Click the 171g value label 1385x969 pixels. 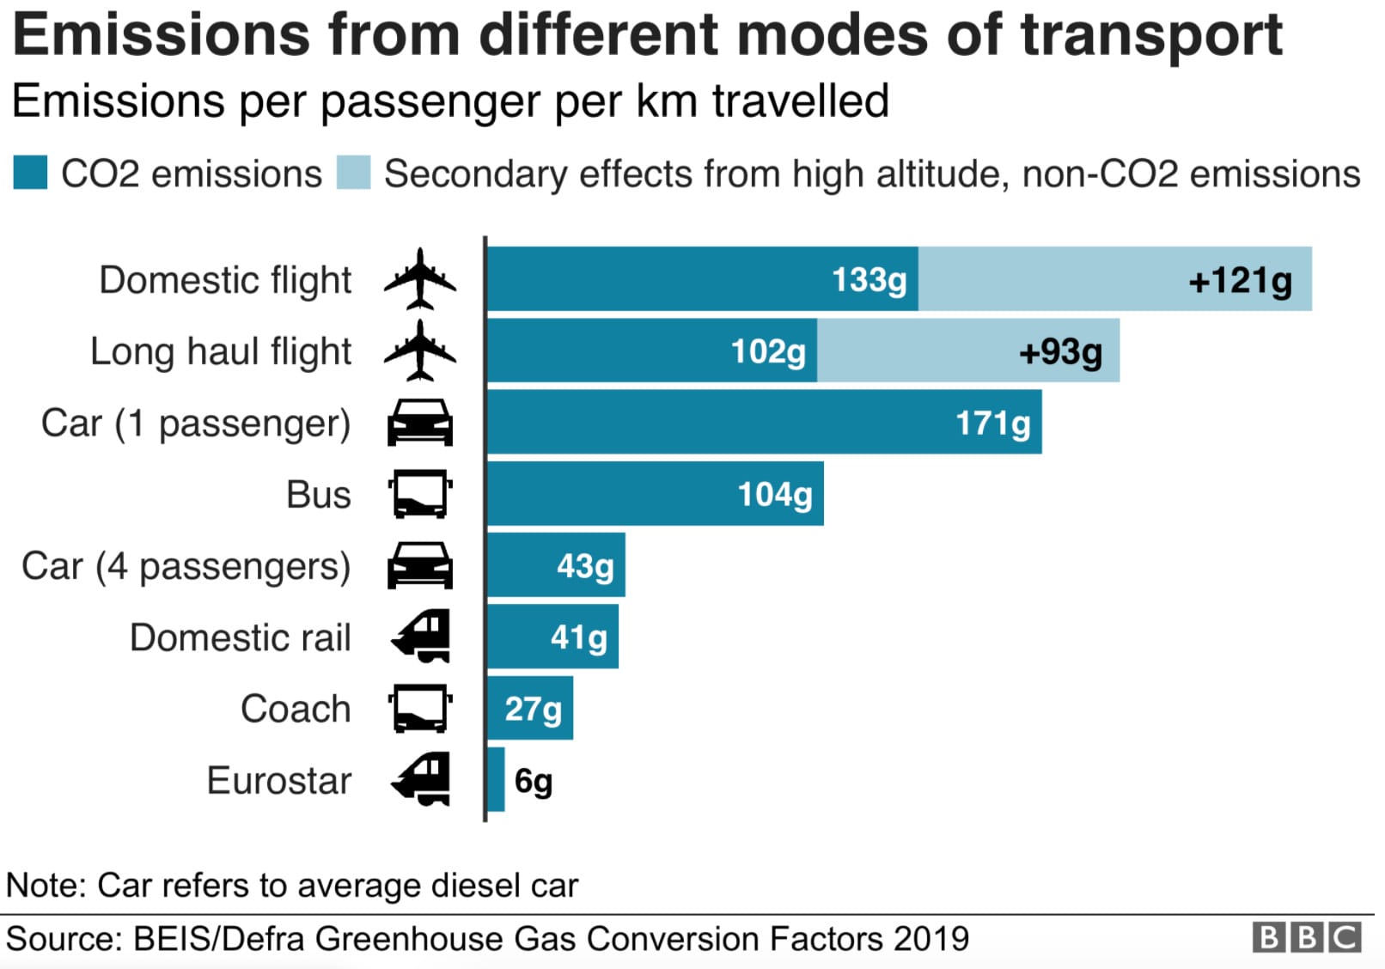pyautogui.click(x=992, y=423)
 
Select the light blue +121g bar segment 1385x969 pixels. pyautogui.click(x=1113, y=279)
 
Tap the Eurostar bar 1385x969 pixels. pyautogui.click(x=496, y=779)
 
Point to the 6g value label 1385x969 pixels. pyautogui.click(x=533, y=781)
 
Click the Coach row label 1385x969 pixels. pyautogui.click(x=296, y=709)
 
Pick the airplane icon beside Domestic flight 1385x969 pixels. pyautogui.click(x=419, y=279)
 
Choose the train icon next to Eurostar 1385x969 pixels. pyautogui.click(x=420, y=779)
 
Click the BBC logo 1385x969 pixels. pyautogui.click(x=1306, y=937)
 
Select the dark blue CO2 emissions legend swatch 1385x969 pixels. pyautogui.click(x=30, y=173)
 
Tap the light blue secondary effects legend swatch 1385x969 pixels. pyautogui.click(x=353, y=173)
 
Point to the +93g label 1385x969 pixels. pyautogui.click(x=1060, y=351)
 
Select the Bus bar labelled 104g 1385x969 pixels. pyautogui.click(x=655, y=494)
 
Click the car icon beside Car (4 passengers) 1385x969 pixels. pyautogui.click(x=419, y=565)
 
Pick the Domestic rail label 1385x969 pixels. pyautogui.click(x=241, y=637)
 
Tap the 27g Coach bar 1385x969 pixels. pyautogui.click(x=530, y=709)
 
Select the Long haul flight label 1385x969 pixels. pyautogui.click(x=221, y=351)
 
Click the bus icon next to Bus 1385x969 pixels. pyautogui.click(x=419, y=494)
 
